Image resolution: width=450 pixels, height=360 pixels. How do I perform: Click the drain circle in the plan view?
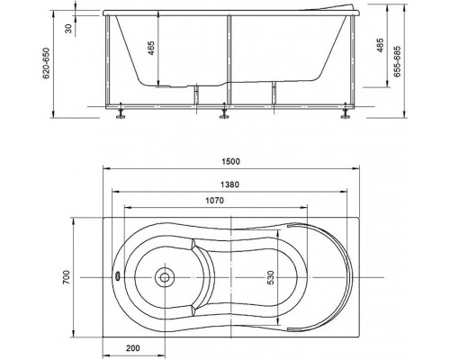163,276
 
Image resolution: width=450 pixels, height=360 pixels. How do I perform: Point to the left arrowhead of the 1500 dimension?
101,171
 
